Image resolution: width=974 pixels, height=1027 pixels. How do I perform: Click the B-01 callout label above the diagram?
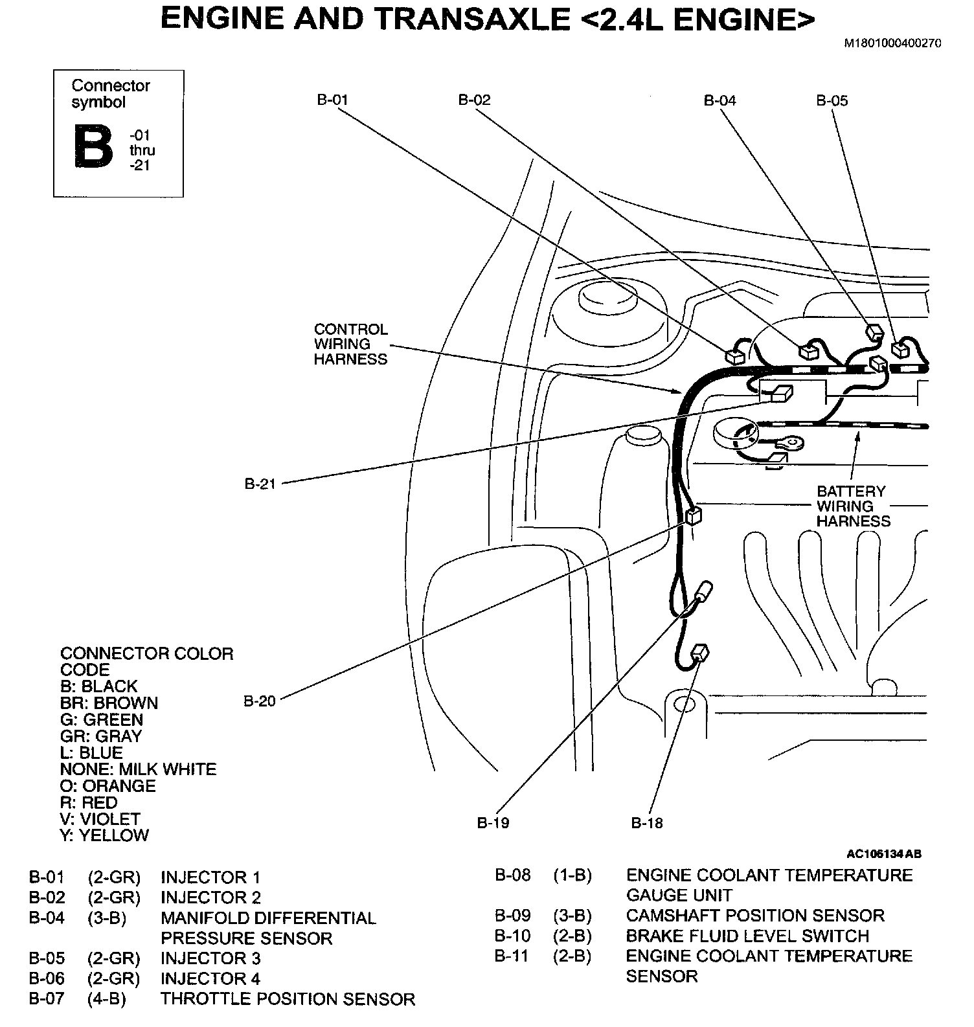point(332,100)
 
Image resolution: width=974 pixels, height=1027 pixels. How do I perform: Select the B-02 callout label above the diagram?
point(474,100)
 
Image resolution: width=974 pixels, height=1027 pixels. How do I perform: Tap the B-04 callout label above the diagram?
point(719,100)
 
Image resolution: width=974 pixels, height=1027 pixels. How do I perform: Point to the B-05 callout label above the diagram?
point(832,100)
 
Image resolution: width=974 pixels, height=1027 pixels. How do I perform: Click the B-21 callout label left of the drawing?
point(260,484)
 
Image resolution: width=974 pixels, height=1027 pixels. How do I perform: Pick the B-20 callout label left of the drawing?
point(260,701)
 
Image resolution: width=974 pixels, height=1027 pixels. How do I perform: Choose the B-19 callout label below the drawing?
point(493,823)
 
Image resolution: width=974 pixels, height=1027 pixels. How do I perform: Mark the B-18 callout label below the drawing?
point(647,823)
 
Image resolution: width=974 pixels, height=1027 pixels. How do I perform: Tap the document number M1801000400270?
point(892,44)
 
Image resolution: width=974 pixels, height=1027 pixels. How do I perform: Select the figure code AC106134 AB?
point(883,853)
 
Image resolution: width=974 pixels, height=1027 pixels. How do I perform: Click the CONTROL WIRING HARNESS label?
point(350,344)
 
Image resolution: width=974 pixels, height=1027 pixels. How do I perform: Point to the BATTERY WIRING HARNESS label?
point(853,506)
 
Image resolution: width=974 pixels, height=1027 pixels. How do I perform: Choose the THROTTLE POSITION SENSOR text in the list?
point(288,999)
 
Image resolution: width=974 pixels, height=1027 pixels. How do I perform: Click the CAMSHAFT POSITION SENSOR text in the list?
point(754,916)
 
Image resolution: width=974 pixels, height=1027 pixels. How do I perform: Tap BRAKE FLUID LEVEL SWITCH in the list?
point(747,936)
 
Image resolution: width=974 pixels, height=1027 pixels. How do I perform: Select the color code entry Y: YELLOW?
point(104,835)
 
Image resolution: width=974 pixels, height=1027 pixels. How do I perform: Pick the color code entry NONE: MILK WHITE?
point(138,769)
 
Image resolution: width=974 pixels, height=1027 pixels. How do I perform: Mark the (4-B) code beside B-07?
point(106,999)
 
